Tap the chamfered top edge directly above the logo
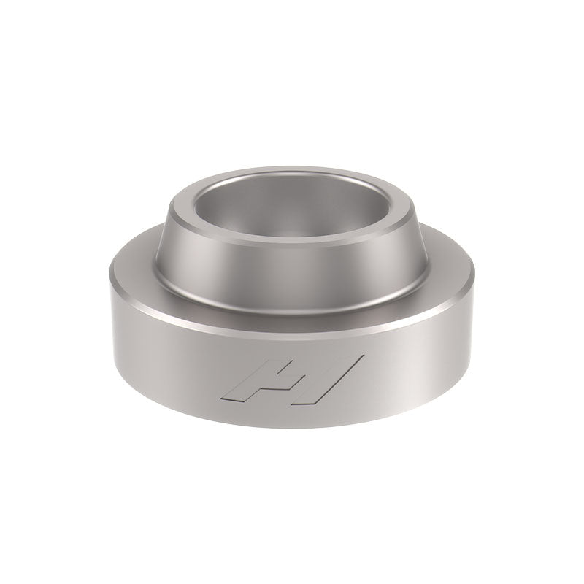pos(292,322)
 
